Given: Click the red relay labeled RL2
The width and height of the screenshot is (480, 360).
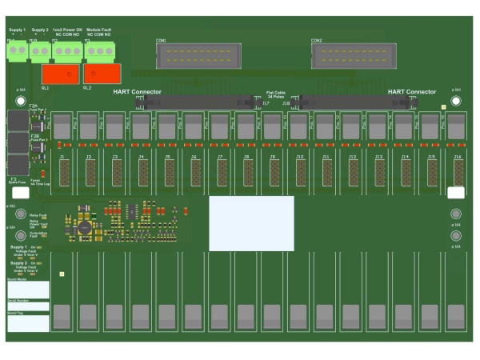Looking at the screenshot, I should [x=102, y=74].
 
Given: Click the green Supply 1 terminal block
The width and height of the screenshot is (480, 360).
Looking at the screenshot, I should [x=17, y=53].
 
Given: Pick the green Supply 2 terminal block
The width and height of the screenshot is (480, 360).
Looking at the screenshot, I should [x=40, y=53].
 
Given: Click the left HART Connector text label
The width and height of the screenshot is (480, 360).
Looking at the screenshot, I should [x=137, y=92].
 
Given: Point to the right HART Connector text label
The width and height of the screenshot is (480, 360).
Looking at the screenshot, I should [x=412, y=92].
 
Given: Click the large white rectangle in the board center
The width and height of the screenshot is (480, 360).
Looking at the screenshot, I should [x=251, y=223].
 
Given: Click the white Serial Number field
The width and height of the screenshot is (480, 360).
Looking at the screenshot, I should [x=28, y=306].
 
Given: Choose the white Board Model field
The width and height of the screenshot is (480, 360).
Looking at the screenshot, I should [x=28, y=290].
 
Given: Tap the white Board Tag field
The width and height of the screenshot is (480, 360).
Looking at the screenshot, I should [x=28, y=323].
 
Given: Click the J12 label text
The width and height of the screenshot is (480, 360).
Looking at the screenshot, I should [x=353, y=158].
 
